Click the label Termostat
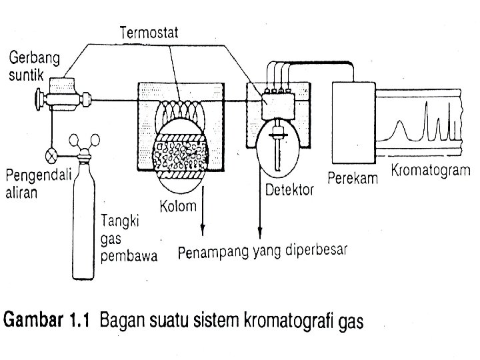(x=153, y=31)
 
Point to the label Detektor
(x=289, y=191)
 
